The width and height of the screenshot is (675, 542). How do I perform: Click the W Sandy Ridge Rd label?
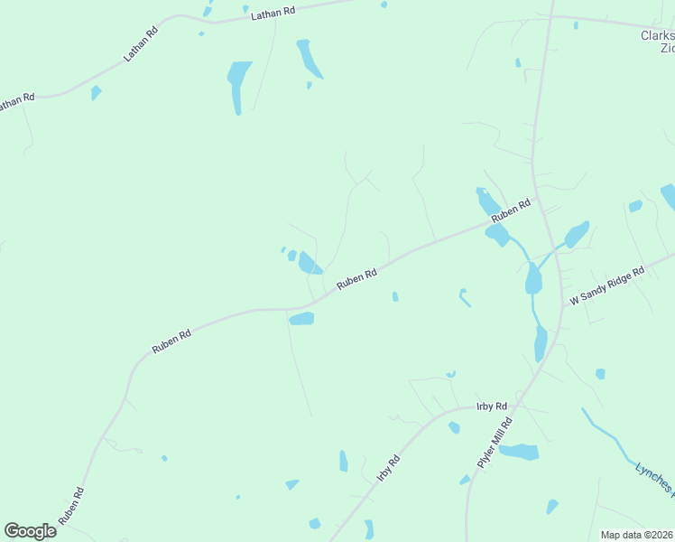[x=606, y=285]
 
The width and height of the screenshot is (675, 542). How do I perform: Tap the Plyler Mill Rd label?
[x=494, y=442]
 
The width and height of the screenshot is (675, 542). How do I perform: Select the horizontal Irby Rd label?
[x=492, y=407]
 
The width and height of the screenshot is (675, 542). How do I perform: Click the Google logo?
[x=30, y=531]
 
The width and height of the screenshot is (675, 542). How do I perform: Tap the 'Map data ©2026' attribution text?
[x=637, y=535]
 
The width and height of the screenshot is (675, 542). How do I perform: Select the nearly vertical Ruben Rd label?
[x=71, y=507]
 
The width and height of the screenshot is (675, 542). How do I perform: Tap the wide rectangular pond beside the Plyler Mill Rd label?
[x=519, y=452]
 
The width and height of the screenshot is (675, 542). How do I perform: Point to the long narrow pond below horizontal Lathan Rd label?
[x=238, y=86]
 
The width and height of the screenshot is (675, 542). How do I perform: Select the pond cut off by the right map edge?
[x=669, y=195]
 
